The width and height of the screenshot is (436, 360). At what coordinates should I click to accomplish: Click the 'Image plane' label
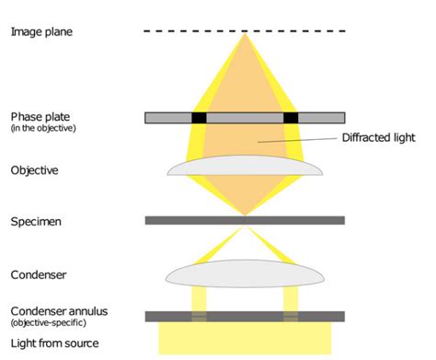coord(40,32)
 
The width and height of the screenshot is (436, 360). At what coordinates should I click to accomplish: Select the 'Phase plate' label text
coord(40,117)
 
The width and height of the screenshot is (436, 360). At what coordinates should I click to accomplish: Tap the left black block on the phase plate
coord(199,118)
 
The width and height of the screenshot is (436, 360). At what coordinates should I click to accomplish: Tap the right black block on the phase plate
coord(292,118)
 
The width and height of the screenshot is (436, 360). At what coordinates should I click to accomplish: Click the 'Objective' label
coord(35,170)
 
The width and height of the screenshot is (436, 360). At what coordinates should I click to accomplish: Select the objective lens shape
coord(245,167)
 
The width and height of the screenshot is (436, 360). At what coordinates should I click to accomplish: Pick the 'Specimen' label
coord(37,222)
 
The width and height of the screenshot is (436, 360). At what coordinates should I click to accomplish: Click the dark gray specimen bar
coord(245,221)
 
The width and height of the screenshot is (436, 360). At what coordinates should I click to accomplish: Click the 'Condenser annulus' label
coord(59,312)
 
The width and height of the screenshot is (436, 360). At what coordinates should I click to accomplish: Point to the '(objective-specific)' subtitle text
coord(46,323)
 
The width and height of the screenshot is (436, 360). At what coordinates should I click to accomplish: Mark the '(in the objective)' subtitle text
coord(42,128)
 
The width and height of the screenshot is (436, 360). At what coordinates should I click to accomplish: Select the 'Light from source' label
coord(54,344)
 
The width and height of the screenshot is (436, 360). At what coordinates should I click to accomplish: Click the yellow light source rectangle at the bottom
coord(245,338)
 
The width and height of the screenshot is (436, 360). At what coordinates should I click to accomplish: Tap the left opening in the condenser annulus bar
coord(199,316)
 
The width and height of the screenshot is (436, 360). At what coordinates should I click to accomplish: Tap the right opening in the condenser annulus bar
coord(291,316)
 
